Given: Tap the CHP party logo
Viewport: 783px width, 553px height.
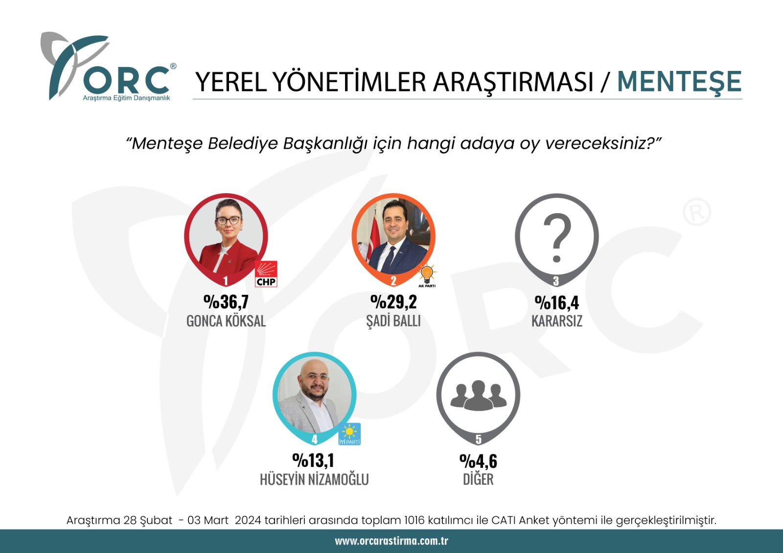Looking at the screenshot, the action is pyautogui.click(x=266, y=274).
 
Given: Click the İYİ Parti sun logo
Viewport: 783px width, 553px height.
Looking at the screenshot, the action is pyautogui.click(x=349, y=434).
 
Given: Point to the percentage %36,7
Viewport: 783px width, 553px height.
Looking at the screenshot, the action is pyautogui.click(x=226, y=302).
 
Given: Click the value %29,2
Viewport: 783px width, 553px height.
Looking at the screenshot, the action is pyautogui.click(x=393, y=302).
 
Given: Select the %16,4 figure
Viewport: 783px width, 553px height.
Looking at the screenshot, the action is pyautogui.click(x=557, y=303).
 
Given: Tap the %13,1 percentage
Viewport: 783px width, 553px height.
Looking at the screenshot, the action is pyautogui.click(x=314, y=461).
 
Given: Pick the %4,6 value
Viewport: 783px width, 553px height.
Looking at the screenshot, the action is pyautogui.click(x=478, y=461).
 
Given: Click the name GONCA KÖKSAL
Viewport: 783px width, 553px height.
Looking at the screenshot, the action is pyautogui.click(x=226, y=321).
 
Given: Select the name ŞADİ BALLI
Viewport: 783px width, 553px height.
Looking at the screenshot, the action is pyautogui.click(x=393, y=321).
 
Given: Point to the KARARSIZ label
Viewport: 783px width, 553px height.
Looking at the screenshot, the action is pyautogui.click(x=557, y=321).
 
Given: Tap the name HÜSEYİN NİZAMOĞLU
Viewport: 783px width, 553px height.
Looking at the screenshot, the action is pyautogui.click(x=314, y=479).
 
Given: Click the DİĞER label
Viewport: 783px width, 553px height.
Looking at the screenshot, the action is pyautogui.click(x=478, y=479).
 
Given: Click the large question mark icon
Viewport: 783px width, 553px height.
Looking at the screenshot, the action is pyautogui.click(x=557, y=238).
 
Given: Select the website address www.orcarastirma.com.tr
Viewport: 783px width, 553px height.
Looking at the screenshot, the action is pyautogui.click(x=391, y=541).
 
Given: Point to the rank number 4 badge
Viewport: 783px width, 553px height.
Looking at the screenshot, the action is pyautogui.click(x=314, y=439).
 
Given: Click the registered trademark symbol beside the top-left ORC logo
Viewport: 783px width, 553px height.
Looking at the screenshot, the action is pyautogui.click(x=173, y=66).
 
